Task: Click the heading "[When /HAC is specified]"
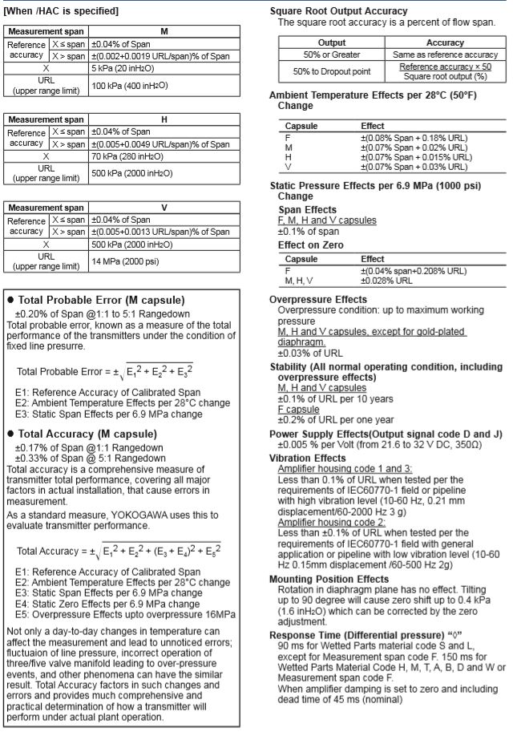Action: (62, 11)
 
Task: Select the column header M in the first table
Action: (164, 31)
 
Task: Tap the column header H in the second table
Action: (164, 119)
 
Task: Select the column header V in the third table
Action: (164, 207)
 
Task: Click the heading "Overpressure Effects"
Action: (318, 299)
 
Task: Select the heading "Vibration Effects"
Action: (308, 458)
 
